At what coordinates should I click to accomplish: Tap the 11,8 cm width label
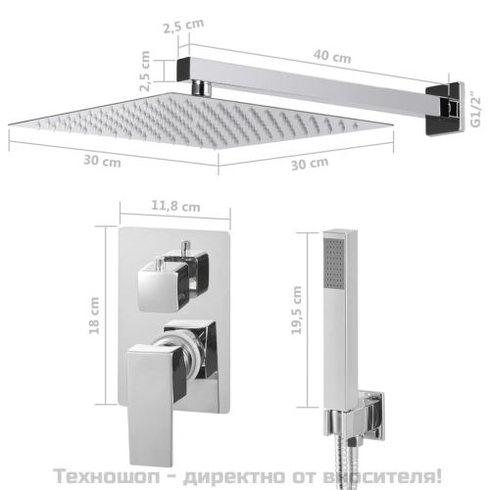(176, 207)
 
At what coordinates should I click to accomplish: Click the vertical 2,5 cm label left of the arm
(147, 72)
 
